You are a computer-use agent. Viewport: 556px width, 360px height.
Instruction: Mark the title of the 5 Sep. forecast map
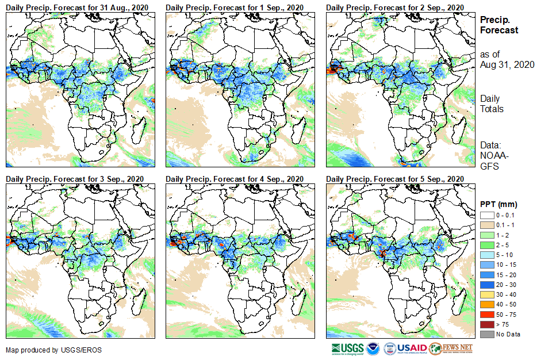pos(395,179)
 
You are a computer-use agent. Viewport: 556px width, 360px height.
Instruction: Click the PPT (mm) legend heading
pos(499,204)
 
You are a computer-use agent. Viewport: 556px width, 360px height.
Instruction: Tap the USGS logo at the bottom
pos(347,348)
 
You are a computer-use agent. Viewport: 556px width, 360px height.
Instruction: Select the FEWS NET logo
pos(451,348)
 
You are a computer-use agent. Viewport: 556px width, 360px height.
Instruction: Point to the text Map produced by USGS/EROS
pos(46,350)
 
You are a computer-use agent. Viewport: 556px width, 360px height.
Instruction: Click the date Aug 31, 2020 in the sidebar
pos(507,64)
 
